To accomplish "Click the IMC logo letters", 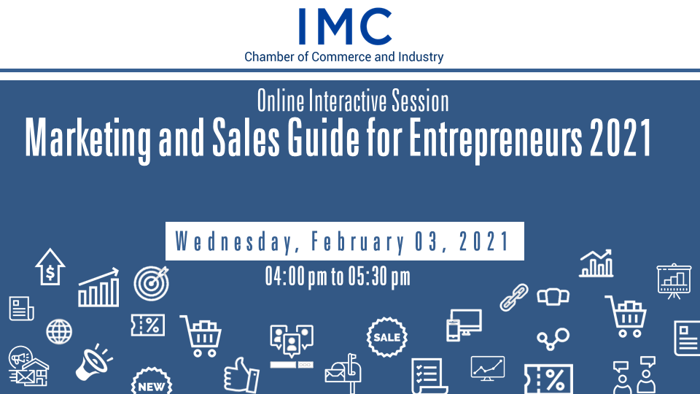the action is tap(345, 26).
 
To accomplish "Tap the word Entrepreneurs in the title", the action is tap(496, 139).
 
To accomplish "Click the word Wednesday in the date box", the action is tap(234, 242).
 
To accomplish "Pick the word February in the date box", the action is tap(358, 242).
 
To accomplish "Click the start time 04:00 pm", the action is tap(297, 277).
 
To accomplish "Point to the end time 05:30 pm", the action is tap(379, 277).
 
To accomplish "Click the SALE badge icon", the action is tap(386, 337).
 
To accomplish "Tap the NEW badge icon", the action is tap(152, 382).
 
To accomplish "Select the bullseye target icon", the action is tap(152, 283).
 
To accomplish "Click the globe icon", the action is tap(59, 331).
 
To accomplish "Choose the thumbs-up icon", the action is tap(241, 376).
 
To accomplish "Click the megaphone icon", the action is tap(94, 362).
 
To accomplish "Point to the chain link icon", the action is tap(514, 297).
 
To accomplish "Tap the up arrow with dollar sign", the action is tap(50, 267).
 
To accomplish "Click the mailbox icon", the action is tap(343, 374).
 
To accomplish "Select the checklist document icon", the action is tap(429, 376).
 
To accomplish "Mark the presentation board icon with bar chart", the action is tap(674, 281).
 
